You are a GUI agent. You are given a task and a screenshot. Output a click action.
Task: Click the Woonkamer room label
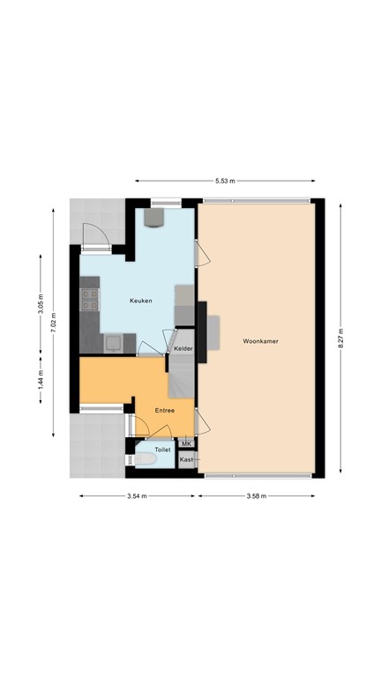(x=258, y=341)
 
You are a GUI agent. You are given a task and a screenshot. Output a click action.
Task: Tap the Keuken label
(x=140, y=301)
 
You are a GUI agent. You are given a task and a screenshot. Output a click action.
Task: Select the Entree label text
(x=165, y=411)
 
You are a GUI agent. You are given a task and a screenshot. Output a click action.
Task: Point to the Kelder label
(x=183, y=350)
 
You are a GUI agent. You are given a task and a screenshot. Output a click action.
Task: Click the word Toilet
(x=162, y=450)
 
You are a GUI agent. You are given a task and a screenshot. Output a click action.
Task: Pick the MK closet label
(x=186, y=443)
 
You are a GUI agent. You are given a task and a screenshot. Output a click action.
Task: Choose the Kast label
(x=186, y=459)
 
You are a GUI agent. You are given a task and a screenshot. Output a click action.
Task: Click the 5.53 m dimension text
(x=225, y=181)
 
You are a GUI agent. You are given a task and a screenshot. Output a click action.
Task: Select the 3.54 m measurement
(x=137, y=496)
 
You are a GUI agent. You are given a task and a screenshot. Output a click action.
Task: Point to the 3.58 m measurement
(x=256, y=496)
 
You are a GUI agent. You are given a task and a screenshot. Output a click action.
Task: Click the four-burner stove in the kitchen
(x=89, y=301)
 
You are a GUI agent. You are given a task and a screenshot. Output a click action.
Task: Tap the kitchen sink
(x=114, y=344)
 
